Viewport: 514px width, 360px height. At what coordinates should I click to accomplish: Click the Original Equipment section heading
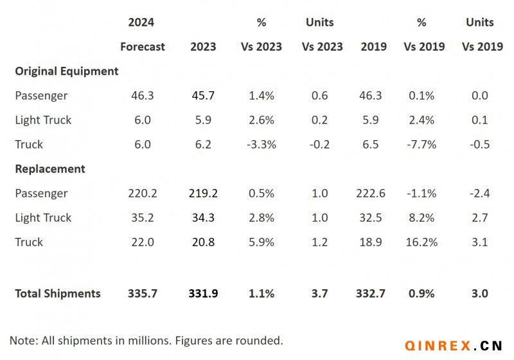coord(67,71)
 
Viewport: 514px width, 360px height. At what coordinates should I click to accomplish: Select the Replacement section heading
coord(50,169)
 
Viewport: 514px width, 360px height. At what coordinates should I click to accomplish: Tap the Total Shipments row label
coord(58,294)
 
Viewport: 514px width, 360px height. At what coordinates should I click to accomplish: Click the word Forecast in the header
coord(143,47)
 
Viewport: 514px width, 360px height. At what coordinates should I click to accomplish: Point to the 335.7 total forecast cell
coord(143,294)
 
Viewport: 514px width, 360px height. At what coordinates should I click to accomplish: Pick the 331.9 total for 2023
coord(203,294)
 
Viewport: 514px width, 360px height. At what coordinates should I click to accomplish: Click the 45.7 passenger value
coord(203,96)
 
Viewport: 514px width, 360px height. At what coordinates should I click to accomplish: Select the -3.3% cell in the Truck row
coord(261,145)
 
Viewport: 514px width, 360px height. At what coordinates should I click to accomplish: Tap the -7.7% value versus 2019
coord(421,145)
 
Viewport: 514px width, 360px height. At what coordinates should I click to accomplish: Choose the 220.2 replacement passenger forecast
coord(143,194)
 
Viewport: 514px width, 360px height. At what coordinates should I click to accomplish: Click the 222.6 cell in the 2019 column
coord(371,194)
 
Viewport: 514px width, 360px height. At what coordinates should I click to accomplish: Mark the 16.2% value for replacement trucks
coord(421,242)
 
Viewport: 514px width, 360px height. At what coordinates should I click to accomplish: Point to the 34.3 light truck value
coord(203,218)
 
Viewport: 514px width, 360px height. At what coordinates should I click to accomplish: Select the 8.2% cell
coord(421,218)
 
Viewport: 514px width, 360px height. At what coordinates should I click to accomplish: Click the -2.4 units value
coord(479,194)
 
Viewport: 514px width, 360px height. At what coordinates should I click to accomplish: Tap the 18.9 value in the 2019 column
coord(371,242)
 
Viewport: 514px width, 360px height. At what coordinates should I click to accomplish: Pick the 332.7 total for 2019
coord(371,294)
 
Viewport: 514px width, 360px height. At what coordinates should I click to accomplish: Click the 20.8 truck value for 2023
coord(203,242)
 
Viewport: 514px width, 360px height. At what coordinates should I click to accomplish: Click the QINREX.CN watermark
coord(454,346)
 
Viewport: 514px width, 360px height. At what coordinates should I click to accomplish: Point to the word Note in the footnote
coord(22,340)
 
